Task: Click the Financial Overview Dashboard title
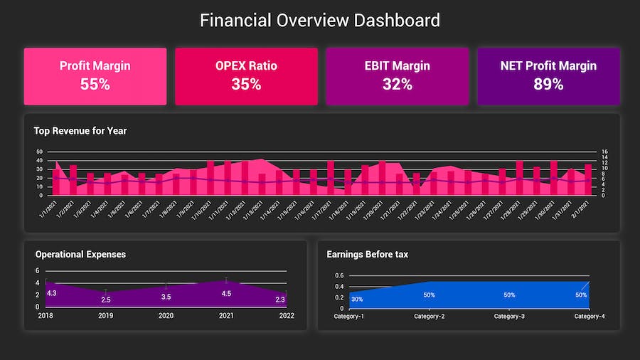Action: pyautogui.click(x=320, y=20)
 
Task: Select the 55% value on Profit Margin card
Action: pyautogui.click(x=95, y=84)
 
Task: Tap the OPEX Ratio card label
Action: pyautogui.click(x=246, y=66)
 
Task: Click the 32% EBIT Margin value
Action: pyautogui.click(x=397, y=84)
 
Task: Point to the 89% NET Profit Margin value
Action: pyautogui.click(x=548, y=84)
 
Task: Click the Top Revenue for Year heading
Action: pyautogui.click(x=80, y=131)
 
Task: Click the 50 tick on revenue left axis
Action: pyautogui.click(x=39, y=152)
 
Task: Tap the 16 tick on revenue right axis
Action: pyautogui.click(x=604, y=152)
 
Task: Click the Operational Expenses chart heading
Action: pyautogui.click(x=80, y=254)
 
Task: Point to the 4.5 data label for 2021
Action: pyautogui.click(x=226, y=293)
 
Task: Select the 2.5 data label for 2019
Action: pyautogui.click(x=106, y=300)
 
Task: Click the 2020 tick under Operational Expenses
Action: pyautogui.click(x=166, y=316)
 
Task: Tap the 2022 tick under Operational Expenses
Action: pyautogui.click(x=286, y=316)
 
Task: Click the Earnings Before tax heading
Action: pyautogui.click(x=367, y=254)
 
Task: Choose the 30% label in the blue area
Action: pyautogui.click(x=357, y=299)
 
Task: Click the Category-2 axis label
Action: pyautogui.click(x=430, y=316)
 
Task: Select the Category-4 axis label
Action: pyautogui.click(x=590, y=316)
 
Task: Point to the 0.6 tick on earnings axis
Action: pyautogui.click(x=339, y=275)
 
